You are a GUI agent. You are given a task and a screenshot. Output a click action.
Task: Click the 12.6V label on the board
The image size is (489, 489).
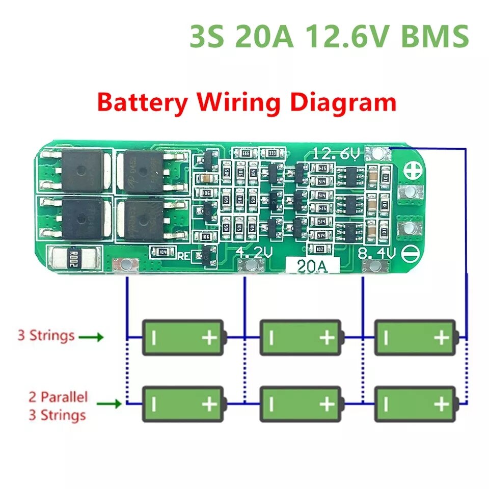[337, 153]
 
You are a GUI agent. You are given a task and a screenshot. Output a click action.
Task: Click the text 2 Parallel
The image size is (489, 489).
[58, 397]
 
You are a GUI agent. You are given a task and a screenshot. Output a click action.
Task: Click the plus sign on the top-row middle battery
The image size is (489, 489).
[326, 337]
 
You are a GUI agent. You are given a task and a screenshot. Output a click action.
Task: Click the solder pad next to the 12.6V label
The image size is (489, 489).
[378, 153]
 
